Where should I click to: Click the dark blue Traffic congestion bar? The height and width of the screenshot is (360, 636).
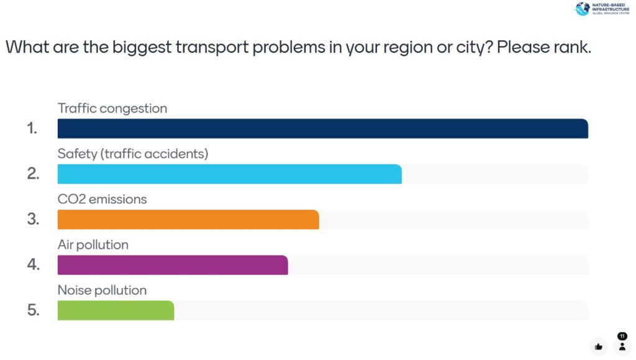pyautogui.click(x=322, y=128)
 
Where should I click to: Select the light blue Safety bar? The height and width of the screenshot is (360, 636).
pyautogui.click(x=229, y=174)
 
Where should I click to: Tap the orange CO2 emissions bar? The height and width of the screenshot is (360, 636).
pyautogui.click(x=188, y=219)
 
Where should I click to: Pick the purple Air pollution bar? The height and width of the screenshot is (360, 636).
pyautogui.click(x=173, y=265)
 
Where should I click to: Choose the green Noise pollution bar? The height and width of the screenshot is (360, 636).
pyautogui.click(x=116, y=310)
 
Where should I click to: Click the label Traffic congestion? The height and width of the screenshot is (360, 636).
pyautogui.click(x=112, y=108)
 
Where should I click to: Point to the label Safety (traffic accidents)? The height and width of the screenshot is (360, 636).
pyautogui.click(x=133, y=153)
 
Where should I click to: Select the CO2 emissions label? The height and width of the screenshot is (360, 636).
pyautogui.click(x=102, y=199)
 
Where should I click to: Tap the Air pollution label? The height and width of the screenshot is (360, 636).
pyautogui.click(x=93, y=245)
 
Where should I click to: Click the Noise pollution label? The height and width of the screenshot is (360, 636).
pyautogui.click(x=102, y=290)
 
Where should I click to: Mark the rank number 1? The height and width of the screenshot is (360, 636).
pyautogui.click(x=32, y=128)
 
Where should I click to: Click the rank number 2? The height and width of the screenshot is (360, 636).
pyautogui.click(x=33, y=174)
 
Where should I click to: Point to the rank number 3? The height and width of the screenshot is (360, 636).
pyautogui.click(x=33, y=219)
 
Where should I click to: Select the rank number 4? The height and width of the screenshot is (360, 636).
pyautogui.click(x=33, y=265)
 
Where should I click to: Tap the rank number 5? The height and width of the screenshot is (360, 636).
pyautogui.click(x=33, y=310)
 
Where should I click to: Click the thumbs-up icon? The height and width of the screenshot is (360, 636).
pyautogui.click(x=598, y=346)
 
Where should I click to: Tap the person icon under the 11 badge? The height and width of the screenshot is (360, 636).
pyautogui.click(x=622, y=346)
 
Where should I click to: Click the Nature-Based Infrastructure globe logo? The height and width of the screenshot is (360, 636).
pyautogui.click(x=582, y=9)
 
